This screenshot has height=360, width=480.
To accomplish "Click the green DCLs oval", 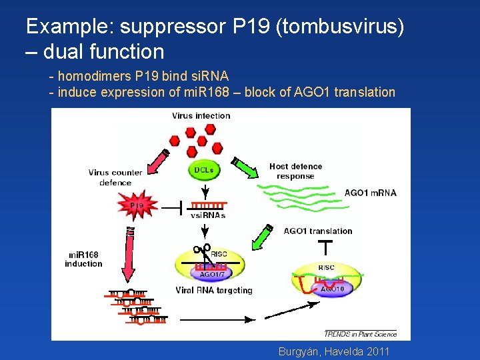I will tap(204, 170).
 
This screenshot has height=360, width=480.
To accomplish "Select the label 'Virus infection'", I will tap(201, 115).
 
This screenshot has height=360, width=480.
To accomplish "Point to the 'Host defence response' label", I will tap(295, 171).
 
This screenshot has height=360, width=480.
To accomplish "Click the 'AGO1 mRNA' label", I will tap(370, 193).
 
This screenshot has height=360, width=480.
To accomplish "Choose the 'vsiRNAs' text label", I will tap(209, 215).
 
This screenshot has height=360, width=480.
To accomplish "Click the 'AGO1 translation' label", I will tap(318, 231).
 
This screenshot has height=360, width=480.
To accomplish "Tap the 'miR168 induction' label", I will tap(83, 259).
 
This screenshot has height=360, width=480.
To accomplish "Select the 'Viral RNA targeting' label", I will tap(213, 290).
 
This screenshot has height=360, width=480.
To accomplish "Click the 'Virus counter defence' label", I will tap(115, 177).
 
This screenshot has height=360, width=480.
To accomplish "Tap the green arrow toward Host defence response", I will tap(245, 170).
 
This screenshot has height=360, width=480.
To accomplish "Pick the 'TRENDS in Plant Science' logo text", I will tap(360, 333).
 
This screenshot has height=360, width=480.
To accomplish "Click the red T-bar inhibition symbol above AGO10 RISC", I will tap(325, 248).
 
